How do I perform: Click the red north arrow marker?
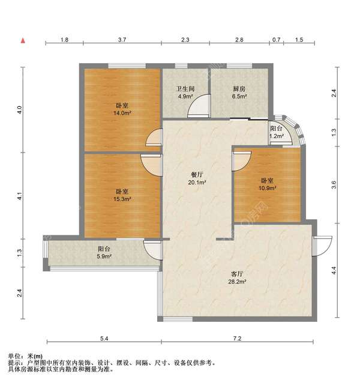click(x=23, y=41)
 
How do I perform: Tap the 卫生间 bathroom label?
click(x=185, y=89)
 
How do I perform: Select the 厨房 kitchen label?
click(x=239, y=89)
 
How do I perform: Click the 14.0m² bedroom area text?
click(x=122, y=113)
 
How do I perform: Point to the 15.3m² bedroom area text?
click(x=122, y=199)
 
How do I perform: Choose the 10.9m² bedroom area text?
click(x=268, y=189)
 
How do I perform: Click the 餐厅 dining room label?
click(x=197, y=175)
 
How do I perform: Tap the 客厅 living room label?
click(x=237, y=274)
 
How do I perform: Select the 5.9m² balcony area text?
click(x=104, y=256)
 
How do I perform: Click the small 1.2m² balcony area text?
click(x=277, y=136)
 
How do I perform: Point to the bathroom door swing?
click(x=199, y=106)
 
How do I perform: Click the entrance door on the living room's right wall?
click(x=322, y=246)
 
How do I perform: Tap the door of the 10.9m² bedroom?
click(x=242, y=161)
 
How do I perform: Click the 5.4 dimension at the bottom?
click(x=104, y=338)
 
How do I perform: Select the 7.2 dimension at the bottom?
click(x=237, y=338)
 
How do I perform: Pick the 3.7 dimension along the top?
click(x=122, y=40)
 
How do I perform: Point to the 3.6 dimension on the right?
click(x=334, y=184)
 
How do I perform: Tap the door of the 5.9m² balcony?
click(x=152, y=250)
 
